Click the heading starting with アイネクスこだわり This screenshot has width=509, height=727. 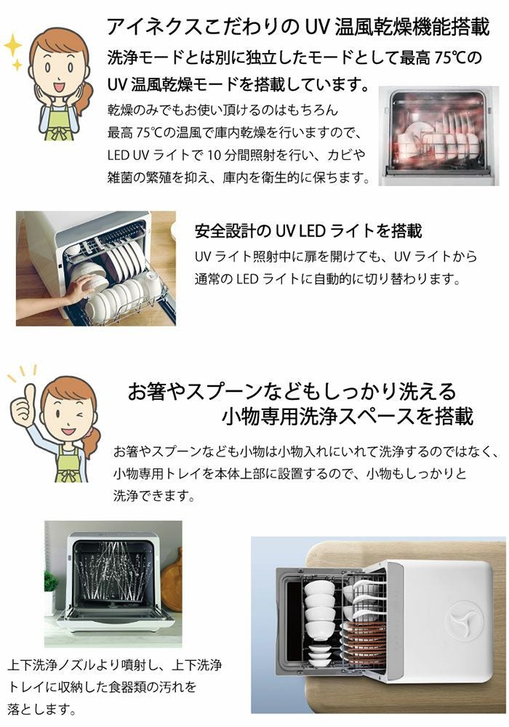tap(298, 26)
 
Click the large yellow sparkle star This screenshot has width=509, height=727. tap(13, 45)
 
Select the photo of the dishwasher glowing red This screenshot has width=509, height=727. tap(438, 136)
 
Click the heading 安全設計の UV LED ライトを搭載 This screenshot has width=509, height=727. tap(308, 230)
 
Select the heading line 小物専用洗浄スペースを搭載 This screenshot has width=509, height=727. tap(348, 416)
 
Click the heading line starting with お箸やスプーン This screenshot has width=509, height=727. tap(292, 391)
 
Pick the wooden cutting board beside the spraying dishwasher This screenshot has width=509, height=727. tap(171, 580)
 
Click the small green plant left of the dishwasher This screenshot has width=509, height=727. tap(49, 581)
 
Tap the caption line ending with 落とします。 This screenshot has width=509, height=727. tap(41, 708)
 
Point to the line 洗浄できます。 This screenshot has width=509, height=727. tap(154, 496)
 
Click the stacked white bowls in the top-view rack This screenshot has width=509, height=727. tap(319, 606)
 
